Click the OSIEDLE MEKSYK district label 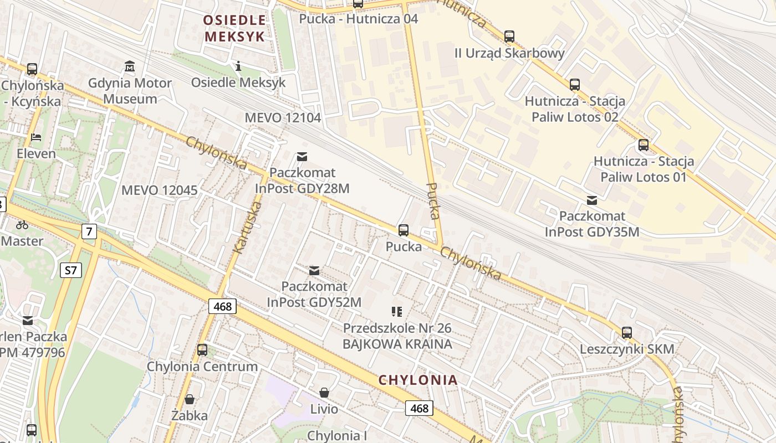click(234, 28)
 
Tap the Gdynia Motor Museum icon click(130, 66)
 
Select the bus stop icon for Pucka click(404, 230)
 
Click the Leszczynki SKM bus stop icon click(627, 332)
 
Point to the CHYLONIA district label click(418, 380)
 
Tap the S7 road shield click(71, 270)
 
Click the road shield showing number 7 click(89, 231)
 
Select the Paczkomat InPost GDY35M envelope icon click(592, 200)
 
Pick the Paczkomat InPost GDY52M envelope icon click(314, 270)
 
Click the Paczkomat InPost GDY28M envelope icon click(302, 157)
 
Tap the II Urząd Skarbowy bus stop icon click(509, 37)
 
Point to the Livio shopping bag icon click(324, 393)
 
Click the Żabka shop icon click(190, 399)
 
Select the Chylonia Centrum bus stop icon click(202, 350)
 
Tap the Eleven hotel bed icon click(36, 137)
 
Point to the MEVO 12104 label click(283, 118)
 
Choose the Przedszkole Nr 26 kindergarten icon click(396, 312)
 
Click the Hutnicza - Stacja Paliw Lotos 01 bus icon click(643, 145)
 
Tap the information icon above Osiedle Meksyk click(238, 66)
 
